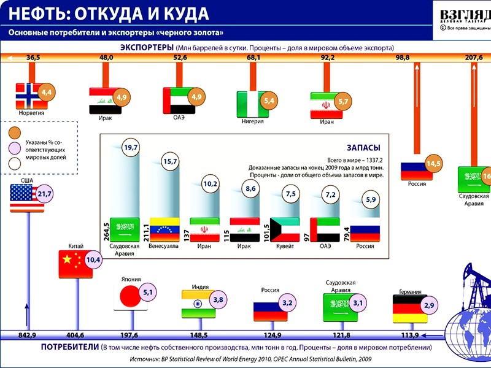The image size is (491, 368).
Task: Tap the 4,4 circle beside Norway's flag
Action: (x=47, y=93)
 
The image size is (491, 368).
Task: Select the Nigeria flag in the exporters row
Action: (x=250, y=103)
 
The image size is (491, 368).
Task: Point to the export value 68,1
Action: (x=253, y=58)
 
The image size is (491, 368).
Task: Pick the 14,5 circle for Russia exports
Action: (x=434, y=164)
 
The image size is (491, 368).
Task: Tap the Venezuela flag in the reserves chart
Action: (x=163, y=230)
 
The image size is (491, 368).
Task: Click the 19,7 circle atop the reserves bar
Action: (x=131, y=147)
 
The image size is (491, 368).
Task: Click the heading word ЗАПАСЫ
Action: (x=363, y=148)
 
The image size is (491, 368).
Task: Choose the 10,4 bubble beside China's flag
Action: (x=93, y=260)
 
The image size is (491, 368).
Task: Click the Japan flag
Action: (x=128, y=299)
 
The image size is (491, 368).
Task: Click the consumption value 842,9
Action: (x=27, y=335)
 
